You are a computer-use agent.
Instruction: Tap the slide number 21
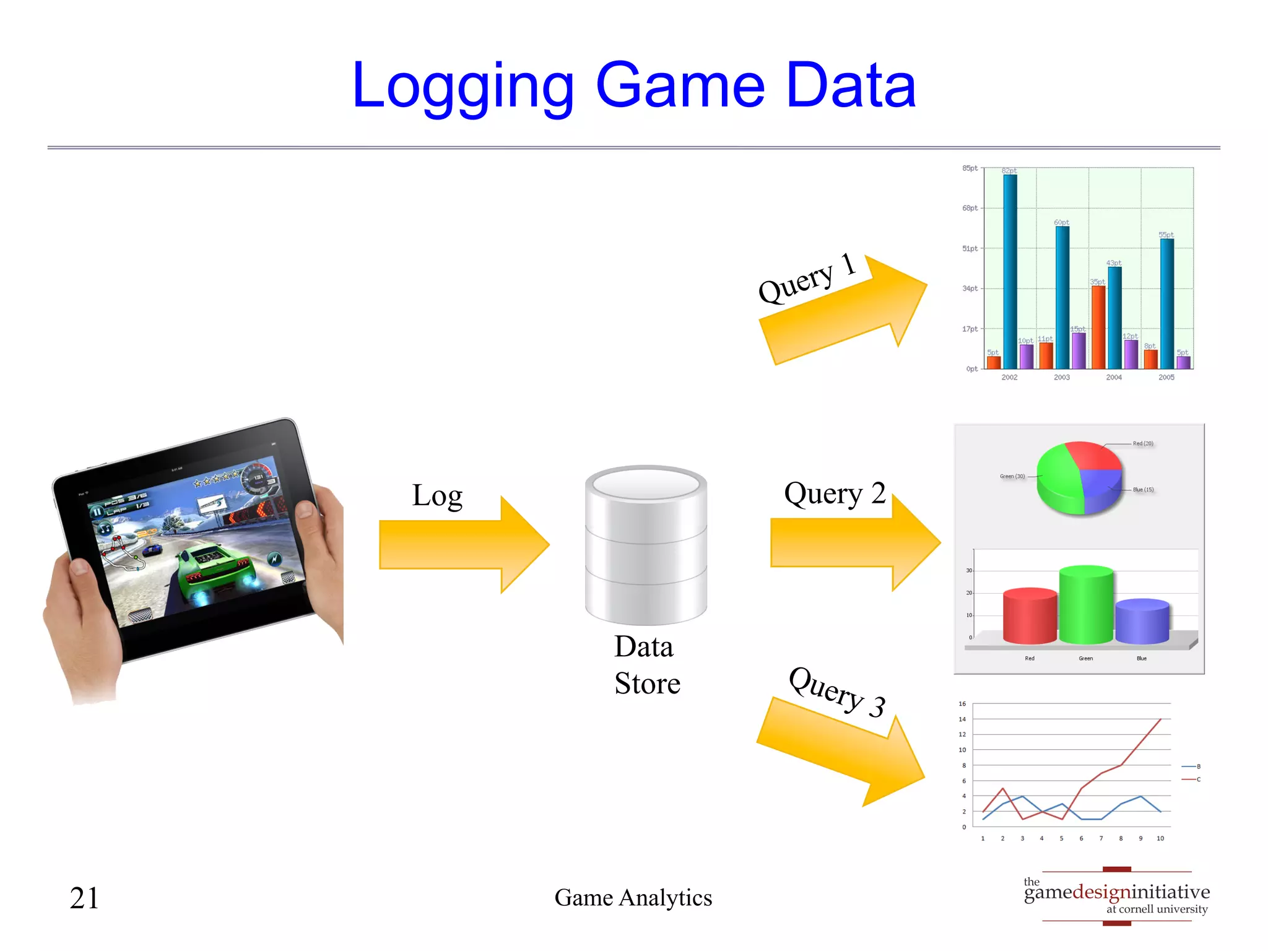coord(84,898)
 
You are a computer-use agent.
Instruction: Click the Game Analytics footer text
coord(633,898)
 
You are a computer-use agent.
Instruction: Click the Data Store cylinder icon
coord(646,545)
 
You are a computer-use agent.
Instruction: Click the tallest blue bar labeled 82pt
coord(1010,272)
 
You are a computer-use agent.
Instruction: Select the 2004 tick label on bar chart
coord(1114,377)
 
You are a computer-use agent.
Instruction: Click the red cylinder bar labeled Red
coord(1030,616)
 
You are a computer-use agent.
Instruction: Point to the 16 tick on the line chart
coord(962,704)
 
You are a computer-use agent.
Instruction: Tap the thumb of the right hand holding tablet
coord(305,511)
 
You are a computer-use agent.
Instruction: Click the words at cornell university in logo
coord(1157,910)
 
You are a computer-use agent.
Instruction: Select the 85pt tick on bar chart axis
coord(970,168)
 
